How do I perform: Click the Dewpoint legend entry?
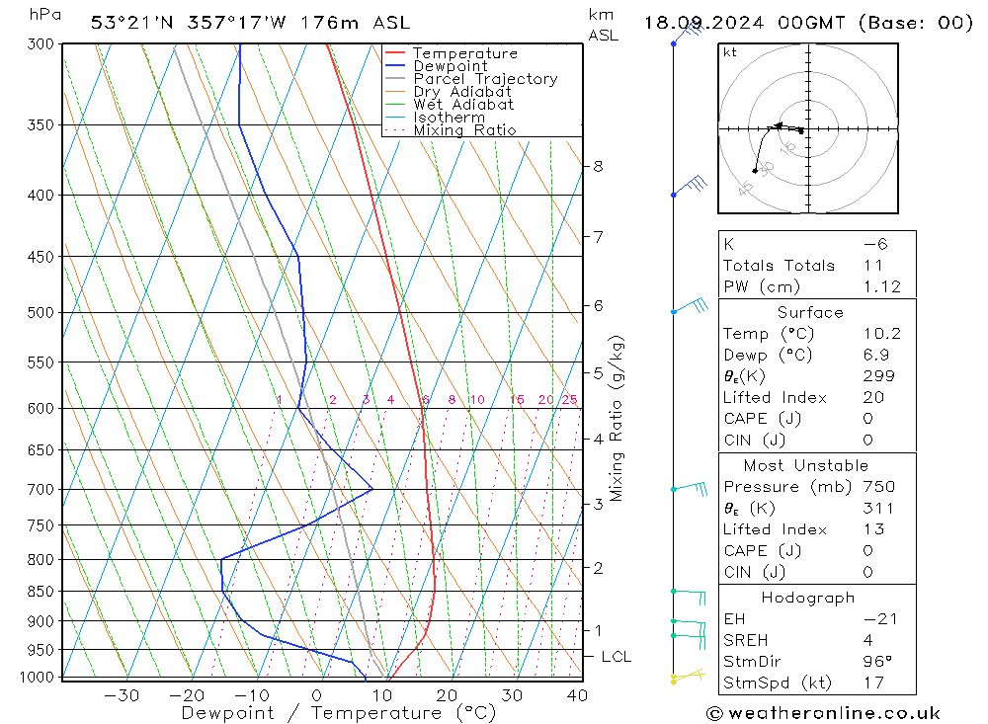tap(450, 66)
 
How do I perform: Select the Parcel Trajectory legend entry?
tap(485, 79)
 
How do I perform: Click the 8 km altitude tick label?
tap(598, 166)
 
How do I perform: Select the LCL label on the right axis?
tap(616, 657)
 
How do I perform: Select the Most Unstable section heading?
tap(805, 465)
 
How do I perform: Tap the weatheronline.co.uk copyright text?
tap(822, 713)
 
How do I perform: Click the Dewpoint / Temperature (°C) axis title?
tap(338, 712)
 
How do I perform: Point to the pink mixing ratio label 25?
tap(569, 400)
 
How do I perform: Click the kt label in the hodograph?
tap(730, 52)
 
